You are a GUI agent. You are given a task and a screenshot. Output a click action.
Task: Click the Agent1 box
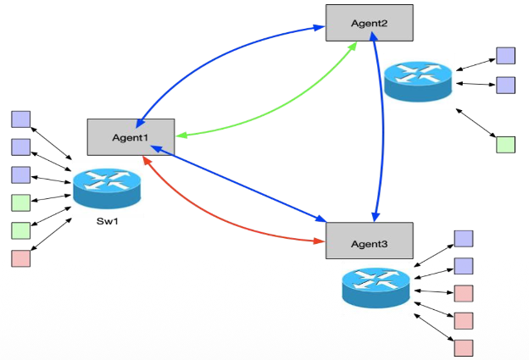pyautogui.click(x=131, y=136)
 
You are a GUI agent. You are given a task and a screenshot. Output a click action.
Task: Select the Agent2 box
pyautogui.click(x=370, y=23)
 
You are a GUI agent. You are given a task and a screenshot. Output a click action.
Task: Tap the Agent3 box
pyautogui.click(x=370, y=243)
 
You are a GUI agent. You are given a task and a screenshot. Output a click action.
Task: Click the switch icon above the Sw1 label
pyautogui.click(x=107, y=187)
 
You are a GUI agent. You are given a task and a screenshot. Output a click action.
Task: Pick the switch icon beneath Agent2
pyautogui.click(x=418, y=79)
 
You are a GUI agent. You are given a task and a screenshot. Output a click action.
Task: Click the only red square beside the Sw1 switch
pyautogui.click(x=21, y=258)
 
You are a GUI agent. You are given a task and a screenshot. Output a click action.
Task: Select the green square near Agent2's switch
pyautogui.click(x=505, y=144)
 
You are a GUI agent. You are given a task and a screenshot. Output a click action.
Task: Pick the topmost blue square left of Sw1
pyautogui.click(x=21, y=119)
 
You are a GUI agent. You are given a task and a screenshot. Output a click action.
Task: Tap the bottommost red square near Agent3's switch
pyautogui.click(x=464, y=347)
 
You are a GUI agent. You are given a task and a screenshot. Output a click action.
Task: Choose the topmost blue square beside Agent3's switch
pyautogui.click(x=464, y=238)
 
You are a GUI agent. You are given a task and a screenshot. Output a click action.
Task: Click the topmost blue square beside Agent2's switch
pyautogui.click(x=505, y=56)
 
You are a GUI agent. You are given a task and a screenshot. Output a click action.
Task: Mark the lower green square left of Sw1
pyautogui.click(x=21, y=230)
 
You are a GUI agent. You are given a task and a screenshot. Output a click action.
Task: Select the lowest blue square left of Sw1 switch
pyautogui.click(x=21, y=174)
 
